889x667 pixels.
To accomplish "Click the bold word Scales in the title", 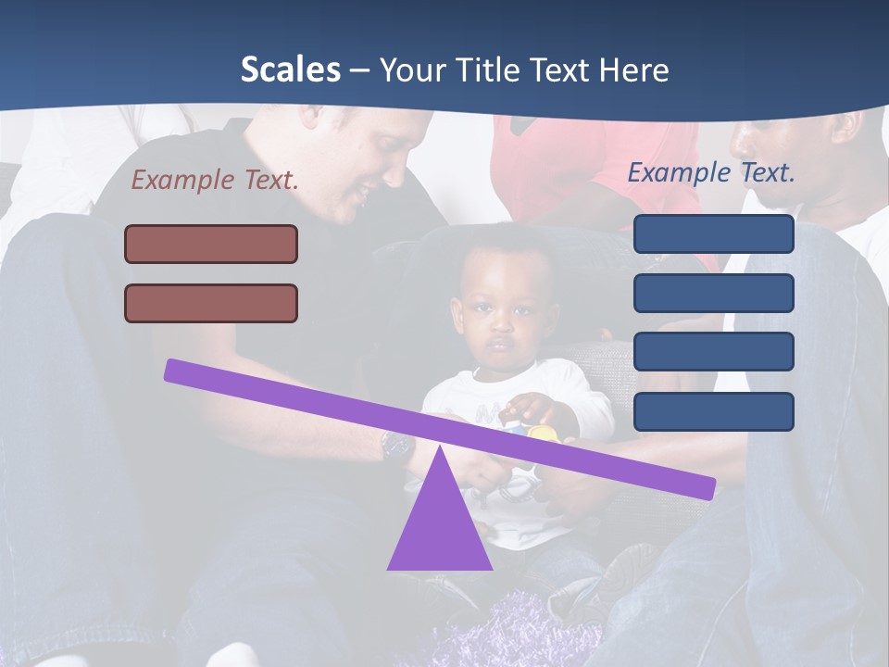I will pyautogui.click(x=290, y=69).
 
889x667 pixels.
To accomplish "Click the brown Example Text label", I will pyautogui.click(x=215, y=180).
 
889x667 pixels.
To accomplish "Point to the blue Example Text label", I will pyautogui.click(x=711, y=172).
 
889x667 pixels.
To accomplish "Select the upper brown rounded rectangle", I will pyautogui.click(x=211, y=244).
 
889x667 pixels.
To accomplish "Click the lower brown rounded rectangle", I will pyautogui.click(x=211, y=303).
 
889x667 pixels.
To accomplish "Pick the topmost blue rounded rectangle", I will pyautogui.click(x=713, y=233).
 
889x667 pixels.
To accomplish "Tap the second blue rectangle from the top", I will pyautogui.click(x=713, y=293).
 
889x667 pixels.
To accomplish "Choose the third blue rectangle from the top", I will pyautogui.click(x=713, y=352).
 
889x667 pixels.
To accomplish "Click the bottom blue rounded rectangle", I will pyautogui.click(x=713, y=411).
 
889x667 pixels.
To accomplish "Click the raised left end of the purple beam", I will pyautogui.click(x=176, y=370).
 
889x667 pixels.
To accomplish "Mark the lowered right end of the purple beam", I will pyautogui.click(x=704, y=487).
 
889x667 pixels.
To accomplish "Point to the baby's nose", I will pyautogui.click(x=499, y=324).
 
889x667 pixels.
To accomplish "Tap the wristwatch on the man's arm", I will pyautogui.click(x=398, y=447).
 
